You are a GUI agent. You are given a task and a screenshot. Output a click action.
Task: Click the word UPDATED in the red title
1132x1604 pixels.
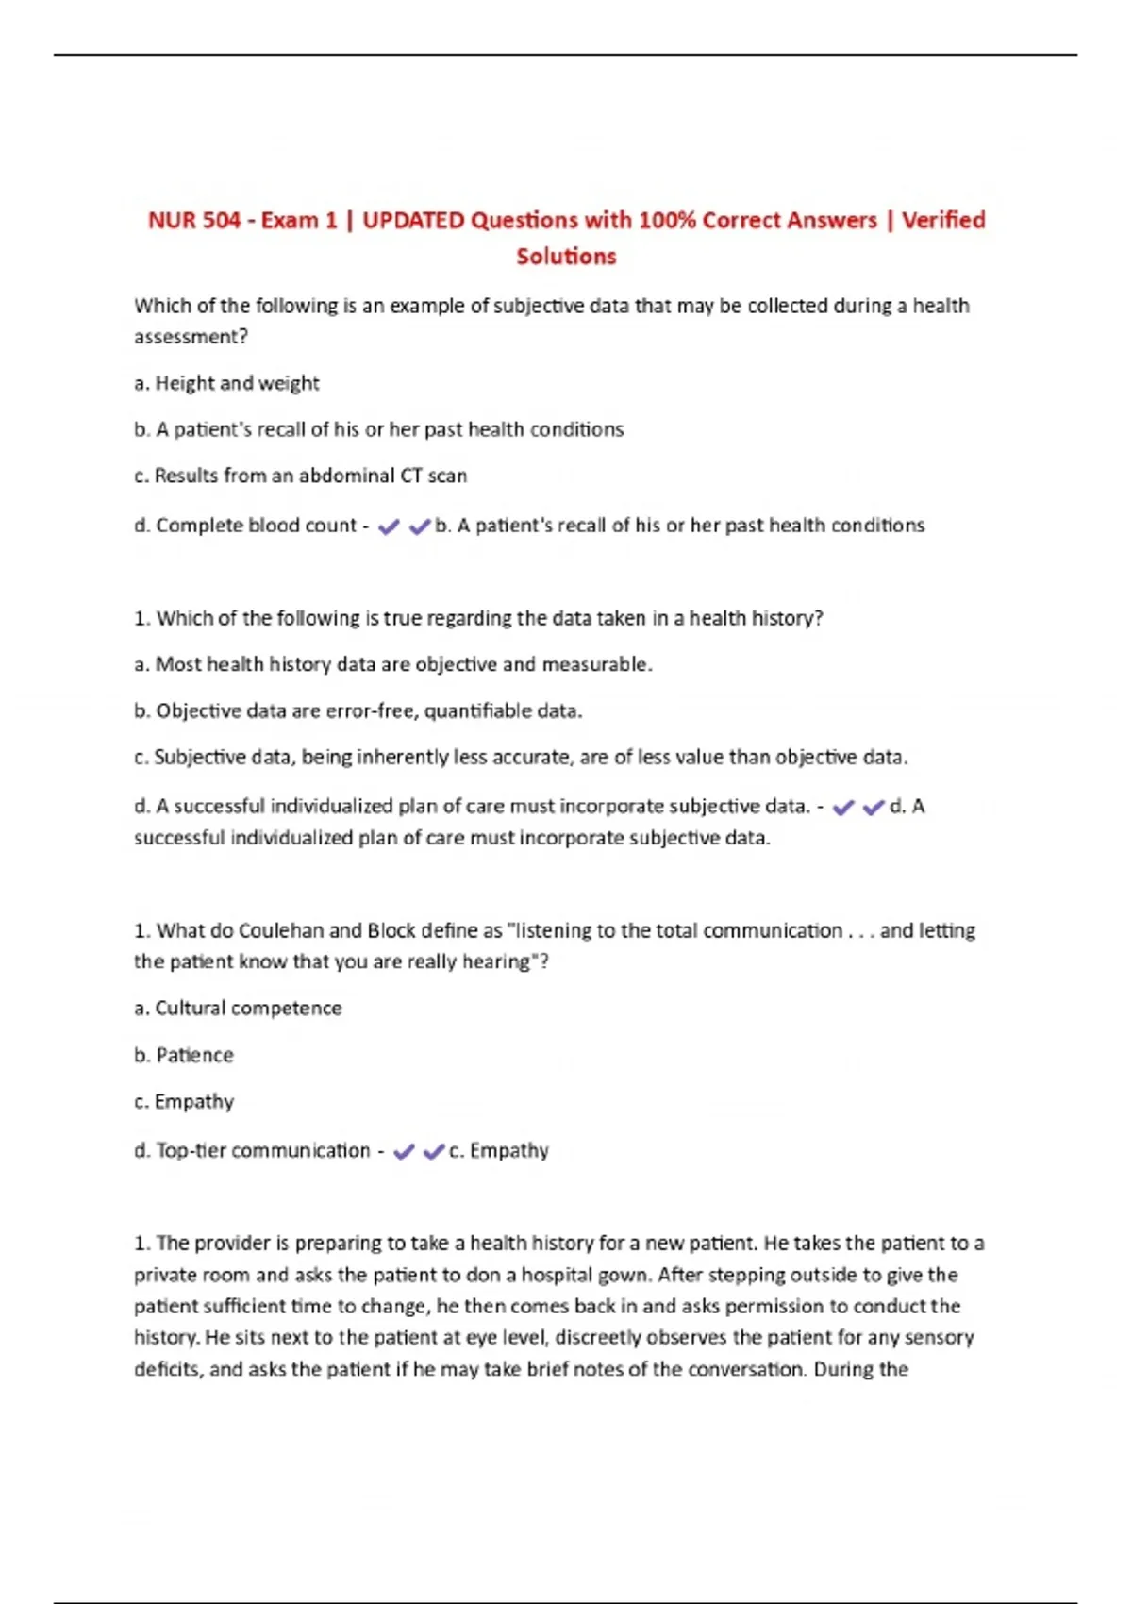pyautogui.click(x=412, y=221)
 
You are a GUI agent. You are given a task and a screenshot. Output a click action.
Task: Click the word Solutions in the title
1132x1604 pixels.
pyautogui.click(x=566, y=257)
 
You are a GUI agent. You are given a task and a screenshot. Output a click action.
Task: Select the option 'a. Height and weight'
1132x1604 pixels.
pyautogui.click(x=226, y=383)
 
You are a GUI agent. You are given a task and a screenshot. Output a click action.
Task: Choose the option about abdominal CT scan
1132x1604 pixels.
pyautogui.click(x=301, y=476)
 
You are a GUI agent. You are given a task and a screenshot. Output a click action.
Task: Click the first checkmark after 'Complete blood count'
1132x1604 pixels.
pyautogui.click(x=388, y=527)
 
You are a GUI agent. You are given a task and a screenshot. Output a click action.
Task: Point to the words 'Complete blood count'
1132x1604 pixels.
pyautogui.click(x=256, y=526)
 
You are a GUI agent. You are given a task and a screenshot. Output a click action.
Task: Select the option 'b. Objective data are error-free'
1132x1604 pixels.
pyautogui.click(x=358, y=710)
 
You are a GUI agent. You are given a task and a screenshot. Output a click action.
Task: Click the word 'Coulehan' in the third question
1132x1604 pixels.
pyautogui.click(x=281, y=930)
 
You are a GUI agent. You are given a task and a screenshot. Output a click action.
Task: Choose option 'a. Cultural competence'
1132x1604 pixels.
pyautogui.click(x=238, y=1008)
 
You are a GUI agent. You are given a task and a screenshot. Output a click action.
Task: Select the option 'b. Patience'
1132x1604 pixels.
pyautogui.click(x=184, y=1055)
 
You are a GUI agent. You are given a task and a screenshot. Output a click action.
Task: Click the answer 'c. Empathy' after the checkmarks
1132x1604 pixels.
pyautogui.click(x=499, y=1150)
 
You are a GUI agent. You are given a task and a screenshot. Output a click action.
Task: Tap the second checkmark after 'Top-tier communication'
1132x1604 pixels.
pyautogui.click(x=434, y=1152)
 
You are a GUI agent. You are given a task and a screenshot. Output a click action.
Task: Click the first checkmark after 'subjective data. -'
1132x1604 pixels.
pyautogui.click(x=843, y=808)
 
